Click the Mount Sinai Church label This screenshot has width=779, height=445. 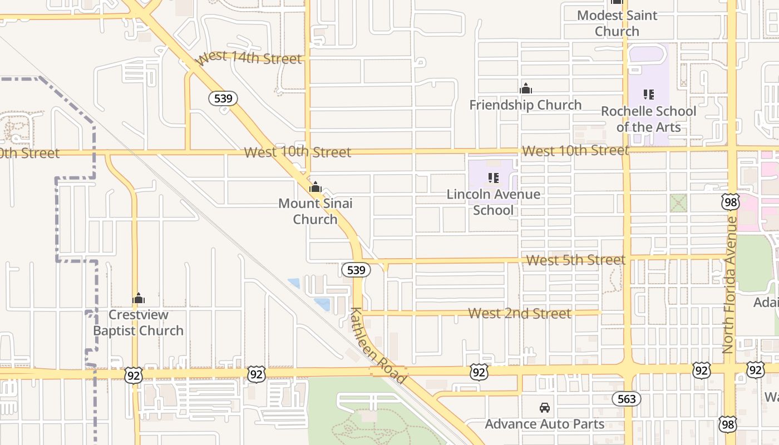(x=315, y=211)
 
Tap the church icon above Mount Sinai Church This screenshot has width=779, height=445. (x=315, y=187)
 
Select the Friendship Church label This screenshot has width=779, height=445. (x=525, y=105)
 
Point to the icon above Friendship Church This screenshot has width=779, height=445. (x=526, y=88)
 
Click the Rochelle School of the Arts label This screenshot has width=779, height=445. (x=648, y=119)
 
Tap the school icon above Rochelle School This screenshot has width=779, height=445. (x=649, y=95)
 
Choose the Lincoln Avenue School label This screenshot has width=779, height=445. (x=494, y=202)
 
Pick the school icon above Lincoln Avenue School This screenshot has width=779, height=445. (x=494, y=178)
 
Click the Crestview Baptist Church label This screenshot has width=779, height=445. (x=138, y=323)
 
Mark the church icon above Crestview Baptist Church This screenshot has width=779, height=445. (x=139, y=299)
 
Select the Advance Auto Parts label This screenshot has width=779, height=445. (x=545, y=424)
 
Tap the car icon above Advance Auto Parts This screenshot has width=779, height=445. (x=545, y=408)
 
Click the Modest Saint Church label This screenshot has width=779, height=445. (x=617, y=23)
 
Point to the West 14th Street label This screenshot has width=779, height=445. (x=250, y=58)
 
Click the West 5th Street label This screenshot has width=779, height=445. (x=576, y=260)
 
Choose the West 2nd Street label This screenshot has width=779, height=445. (x=520, y=313)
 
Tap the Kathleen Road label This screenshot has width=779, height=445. (x=378, y=345)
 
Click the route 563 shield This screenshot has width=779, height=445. (x=627, y=399)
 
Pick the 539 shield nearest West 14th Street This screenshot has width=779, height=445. (x=223, y=99)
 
